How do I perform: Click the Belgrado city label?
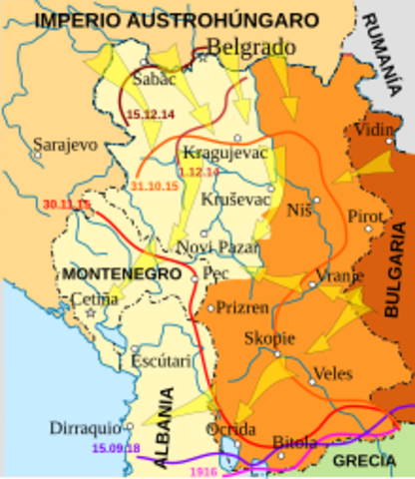[252, 46]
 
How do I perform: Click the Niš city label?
[299, 213]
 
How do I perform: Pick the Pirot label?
[364, 217]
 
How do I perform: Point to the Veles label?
[332, 373]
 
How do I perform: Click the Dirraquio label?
[87, 427]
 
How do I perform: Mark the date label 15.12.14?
[152, 115]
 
